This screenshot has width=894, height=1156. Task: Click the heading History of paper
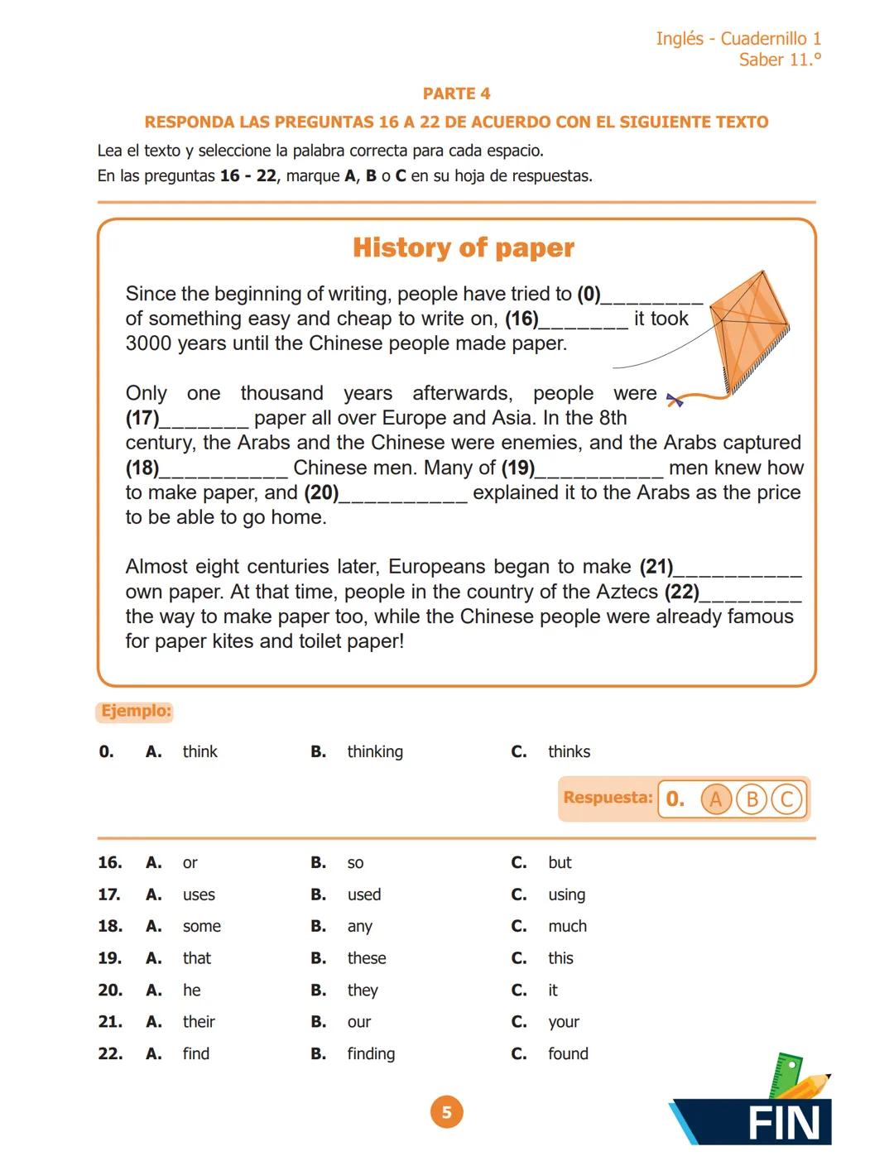click(x=463, y=247)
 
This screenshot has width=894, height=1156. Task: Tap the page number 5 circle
click(x=446, y=1112)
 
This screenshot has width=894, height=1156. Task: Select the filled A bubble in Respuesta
click(x=715, y=799)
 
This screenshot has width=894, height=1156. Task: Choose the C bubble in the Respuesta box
click(x=786, y=799)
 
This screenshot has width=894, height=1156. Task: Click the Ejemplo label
click(x=136, y=711)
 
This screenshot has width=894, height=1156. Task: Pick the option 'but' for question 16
click(x=560, y=862)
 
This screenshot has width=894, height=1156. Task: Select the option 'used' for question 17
click(x=364, y=895)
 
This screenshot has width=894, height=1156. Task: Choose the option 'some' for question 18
click(x=201, y=926)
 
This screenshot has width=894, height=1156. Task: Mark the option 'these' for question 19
click(x=367, y=958)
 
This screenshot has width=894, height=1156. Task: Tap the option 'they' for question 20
click(x=363, y=991)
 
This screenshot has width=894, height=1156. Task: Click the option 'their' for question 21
click(x=199, y=1022)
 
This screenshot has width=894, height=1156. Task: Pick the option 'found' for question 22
click(x=568, y=1053)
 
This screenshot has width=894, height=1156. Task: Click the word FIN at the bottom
click(x=782, y=1124)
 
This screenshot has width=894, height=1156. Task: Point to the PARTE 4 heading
click(x=456, y=94)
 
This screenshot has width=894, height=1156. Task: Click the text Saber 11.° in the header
click(x=780, y=60)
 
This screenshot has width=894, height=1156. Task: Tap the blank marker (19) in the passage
click(x=518, y=468)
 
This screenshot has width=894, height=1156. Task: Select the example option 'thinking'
click(x=375, y=751)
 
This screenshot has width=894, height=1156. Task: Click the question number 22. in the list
click(x=110, y=1053)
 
